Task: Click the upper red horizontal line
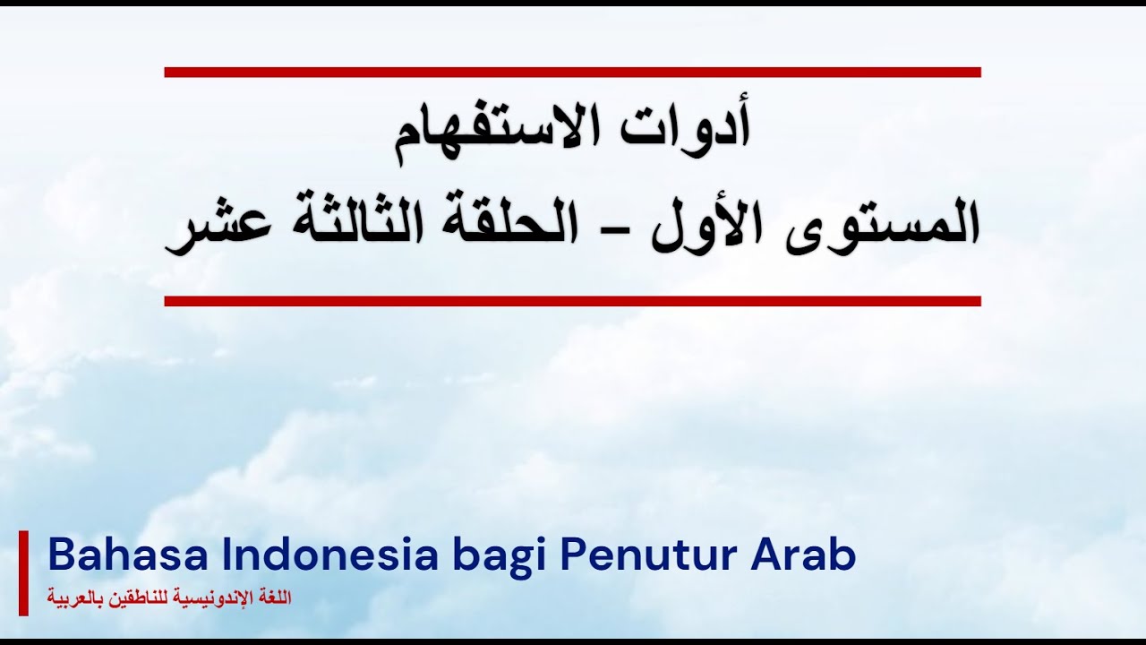(x=572, y=72)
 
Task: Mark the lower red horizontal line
(x=572, y=301)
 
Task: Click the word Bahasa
(x=128, y=555)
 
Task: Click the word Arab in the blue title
(x=803, y=555)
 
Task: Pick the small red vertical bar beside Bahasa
(x=23, y=572)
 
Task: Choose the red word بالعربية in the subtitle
(x=78, y=598)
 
